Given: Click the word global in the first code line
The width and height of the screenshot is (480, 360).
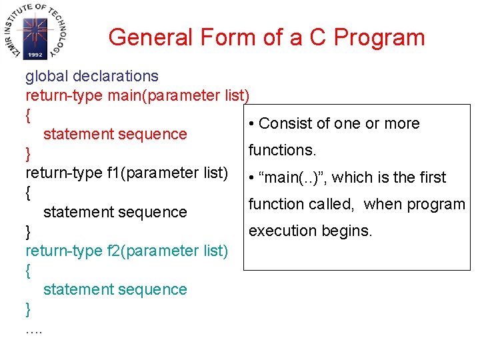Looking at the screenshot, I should (x=46, y=77).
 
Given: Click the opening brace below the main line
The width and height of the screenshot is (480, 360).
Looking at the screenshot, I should (x=28, y=115).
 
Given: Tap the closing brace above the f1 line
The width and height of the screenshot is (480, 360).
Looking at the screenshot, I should (x=28, y=155).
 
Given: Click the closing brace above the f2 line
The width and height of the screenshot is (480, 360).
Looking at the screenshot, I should (x=28, y=232).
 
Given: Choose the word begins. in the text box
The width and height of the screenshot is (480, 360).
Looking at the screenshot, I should (x=349, y=231).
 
